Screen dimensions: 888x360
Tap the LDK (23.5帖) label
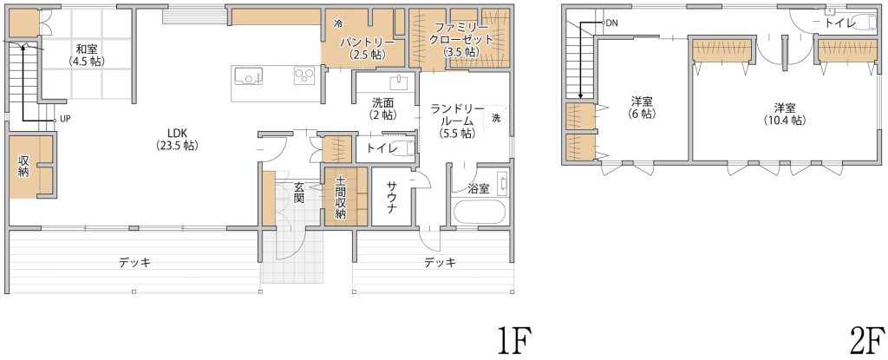[x=177, y=140]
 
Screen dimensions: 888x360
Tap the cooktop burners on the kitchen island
[x=304, y=75]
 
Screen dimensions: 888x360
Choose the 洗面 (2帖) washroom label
[x=382, y=108]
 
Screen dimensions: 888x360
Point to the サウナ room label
[x=392, y=198]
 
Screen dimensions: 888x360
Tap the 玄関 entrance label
[x=299, y=193]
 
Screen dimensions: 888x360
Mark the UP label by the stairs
[x=65, y=120]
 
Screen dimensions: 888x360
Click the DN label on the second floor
[x=612, y=23]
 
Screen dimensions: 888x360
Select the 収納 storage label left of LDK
[x=23, y=167]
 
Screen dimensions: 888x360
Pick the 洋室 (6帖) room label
[x=643, y=108]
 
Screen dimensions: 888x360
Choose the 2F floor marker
[x=866, y=340]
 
